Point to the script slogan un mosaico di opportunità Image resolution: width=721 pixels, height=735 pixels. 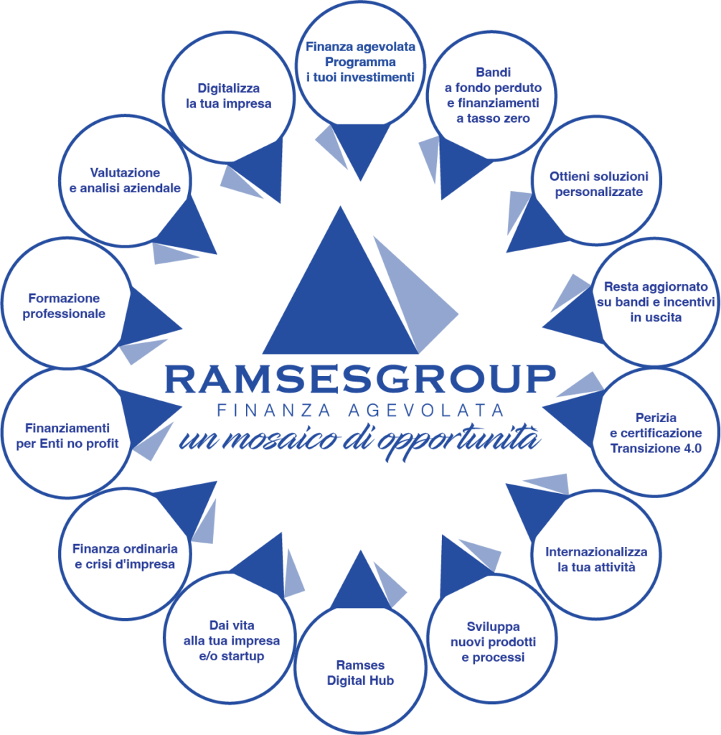tap(359, 437)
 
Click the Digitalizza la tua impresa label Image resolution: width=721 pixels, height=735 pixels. tap(229, 96)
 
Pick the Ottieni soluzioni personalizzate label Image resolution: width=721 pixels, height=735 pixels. tap(598, 184)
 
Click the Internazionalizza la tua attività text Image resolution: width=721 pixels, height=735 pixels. tap(596, 559)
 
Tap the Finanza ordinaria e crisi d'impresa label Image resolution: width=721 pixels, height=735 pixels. tap(124, 556)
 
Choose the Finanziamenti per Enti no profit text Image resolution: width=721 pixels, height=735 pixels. tap(67, 435)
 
